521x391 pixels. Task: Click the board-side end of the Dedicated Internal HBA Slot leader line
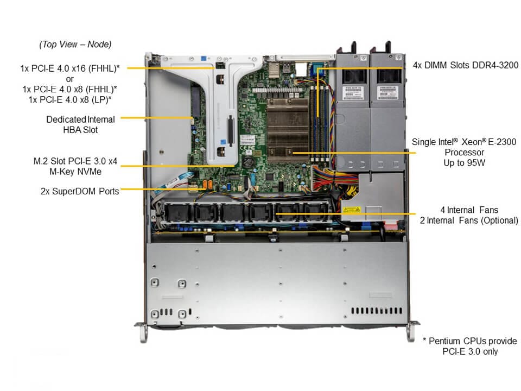(193, 118)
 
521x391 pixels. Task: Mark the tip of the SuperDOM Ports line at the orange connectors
(207, 189)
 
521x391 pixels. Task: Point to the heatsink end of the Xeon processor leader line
(294, 153)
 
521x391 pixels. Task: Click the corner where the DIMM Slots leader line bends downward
(318, 68)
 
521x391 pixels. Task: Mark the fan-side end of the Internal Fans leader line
(276, 214)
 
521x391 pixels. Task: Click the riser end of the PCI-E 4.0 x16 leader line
(215, 68)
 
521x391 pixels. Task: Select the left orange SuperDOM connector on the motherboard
(205, 185)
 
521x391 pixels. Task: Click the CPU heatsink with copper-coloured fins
(288, 129)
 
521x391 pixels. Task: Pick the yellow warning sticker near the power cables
(352, 210)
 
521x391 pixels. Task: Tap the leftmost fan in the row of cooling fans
(178, 212)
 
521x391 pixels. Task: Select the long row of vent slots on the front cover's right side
(377, 311)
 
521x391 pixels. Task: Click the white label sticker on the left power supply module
(352, 93)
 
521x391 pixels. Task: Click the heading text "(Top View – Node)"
(75, 44)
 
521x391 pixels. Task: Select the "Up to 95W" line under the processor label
(464, 163)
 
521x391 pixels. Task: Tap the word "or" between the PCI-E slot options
(70, 79)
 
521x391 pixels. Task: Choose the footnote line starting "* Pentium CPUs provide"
(470, 341)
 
